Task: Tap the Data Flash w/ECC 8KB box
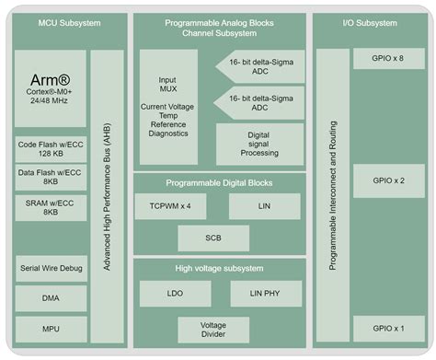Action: [51, 178]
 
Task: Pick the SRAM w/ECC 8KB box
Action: [51, 207]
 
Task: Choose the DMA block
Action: [51, 298]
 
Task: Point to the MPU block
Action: [51, 329]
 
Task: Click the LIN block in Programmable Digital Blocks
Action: [265, 205]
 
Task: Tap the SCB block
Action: [213, 238]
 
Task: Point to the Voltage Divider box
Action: [213, 330]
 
